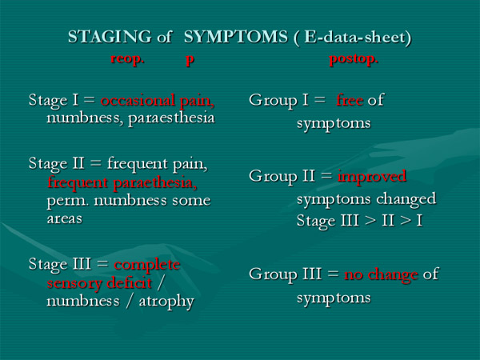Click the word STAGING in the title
click(110, 37)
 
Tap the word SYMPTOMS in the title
click(236, 37)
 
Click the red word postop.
click(354, 58)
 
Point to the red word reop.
click(127, 58)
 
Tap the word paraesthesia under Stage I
click(171, 118)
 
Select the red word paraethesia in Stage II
click(155, 183)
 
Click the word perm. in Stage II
click(68, 202)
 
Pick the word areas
click(65, 218)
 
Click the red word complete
click(147, 265)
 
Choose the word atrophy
click(166, 302)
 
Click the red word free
click(350, 100)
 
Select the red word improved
click(372, 176)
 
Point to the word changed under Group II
click(406, 199)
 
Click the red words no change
click(381, 274)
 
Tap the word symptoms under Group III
click(334, 298)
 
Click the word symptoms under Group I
click(334, 124)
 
